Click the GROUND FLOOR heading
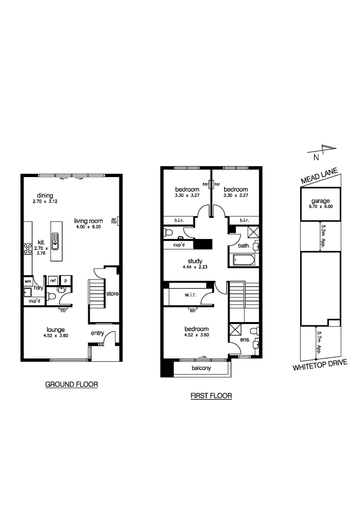pyautogui.click(x=71, y=384)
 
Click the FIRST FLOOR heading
pyautogui.click(x=211, y=396)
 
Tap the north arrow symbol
pyautogui.click(x=325, y=151)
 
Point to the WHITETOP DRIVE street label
pyautogui.click(x=320, y=365)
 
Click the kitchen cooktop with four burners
pyautogui.click(x=27, y=248)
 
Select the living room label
pyautogui.click(x=88, y=221)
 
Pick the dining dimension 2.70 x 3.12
pyautogui.click(x=45, y=202)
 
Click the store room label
pyautogui.click(x=112, y=294)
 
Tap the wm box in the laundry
pyautogui.click(x=27, y=280)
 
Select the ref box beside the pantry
pyautogui.click(x=52, y=280)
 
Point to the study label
pyautogui.click(x=194, y=261)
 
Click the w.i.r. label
pyautogui.click(x=190, y=295)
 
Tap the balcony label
pyautogui.click(x=201, y=368)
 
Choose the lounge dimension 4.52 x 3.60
pyautogui.click(x=55, y=335)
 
